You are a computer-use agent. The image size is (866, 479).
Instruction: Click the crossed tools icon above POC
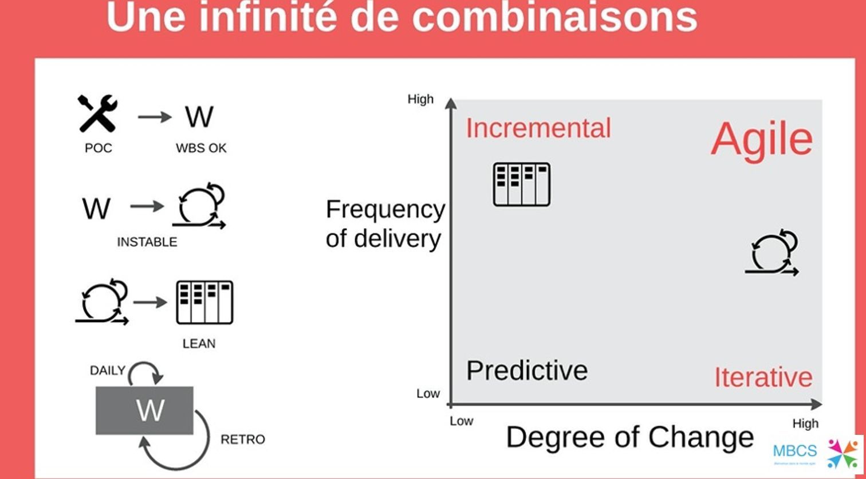pyautogui.click(x=98, y=114)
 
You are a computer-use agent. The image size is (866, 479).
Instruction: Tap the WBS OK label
pyautogui.click(x=201, y=148)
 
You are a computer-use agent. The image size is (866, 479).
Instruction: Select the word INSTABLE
pyautogui.click(x=147, y=242)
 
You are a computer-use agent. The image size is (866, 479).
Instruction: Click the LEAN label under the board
pyautogui.click(x=199, y=344)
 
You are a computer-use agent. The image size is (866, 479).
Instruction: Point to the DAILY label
pyautogui.click(x=107, y=371)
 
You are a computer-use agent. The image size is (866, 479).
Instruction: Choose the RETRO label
pyautogui.click(x=243, y=439)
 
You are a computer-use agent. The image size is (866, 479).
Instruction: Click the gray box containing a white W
pyautogui.click(x=144, y=410)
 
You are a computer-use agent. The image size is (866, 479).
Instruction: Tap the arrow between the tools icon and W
pyautogui.click(x=155, y=117)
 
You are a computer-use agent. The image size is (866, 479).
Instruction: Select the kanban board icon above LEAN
pyautogui.click(x=204, y=303)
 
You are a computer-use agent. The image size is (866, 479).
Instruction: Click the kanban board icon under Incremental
pyautogui.click(x=522, y=184)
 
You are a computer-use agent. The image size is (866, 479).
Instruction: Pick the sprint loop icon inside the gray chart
pyautogui.click(x=772, y=253)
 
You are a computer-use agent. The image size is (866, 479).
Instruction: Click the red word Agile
pyautogui.click(x=761, y=139)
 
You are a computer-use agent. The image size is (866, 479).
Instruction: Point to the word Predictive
pyautogui.click(x=527, y=371)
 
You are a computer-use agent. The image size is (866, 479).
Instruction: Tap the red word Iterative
pyautogui.click(x=763, y=378)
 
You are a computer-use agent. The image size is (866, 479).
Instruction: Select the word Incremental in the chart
pyautogui.click(x=538, y=128)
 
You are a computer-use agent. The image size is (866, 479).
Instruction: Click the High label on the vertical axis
pyautogui.click(x=420, y=99)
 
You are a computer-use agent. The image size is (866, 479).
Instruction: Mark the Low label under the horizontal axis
pyautogui.click(x=461, y=421)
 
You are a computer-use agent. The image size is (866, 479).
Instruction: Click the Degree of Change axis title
pyautogui.click(x=630, y=437)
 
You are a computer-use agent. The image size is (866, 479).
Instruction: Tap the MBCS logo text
pyautogui.click(x=794, y=450)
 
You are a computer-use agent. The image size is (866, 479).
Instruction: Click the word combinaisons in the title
pyautogui.click(x=554, y=17)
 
